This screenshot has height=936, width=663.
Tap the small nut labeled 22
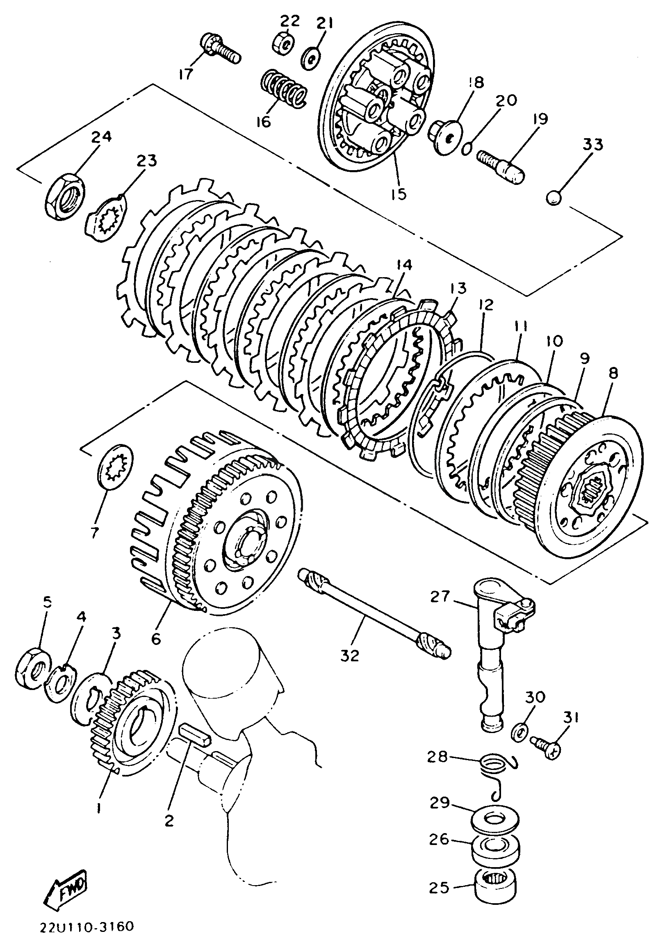(x=283, y=43)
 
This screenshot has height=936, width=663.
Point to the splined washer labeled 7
(x=116, y=466)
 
